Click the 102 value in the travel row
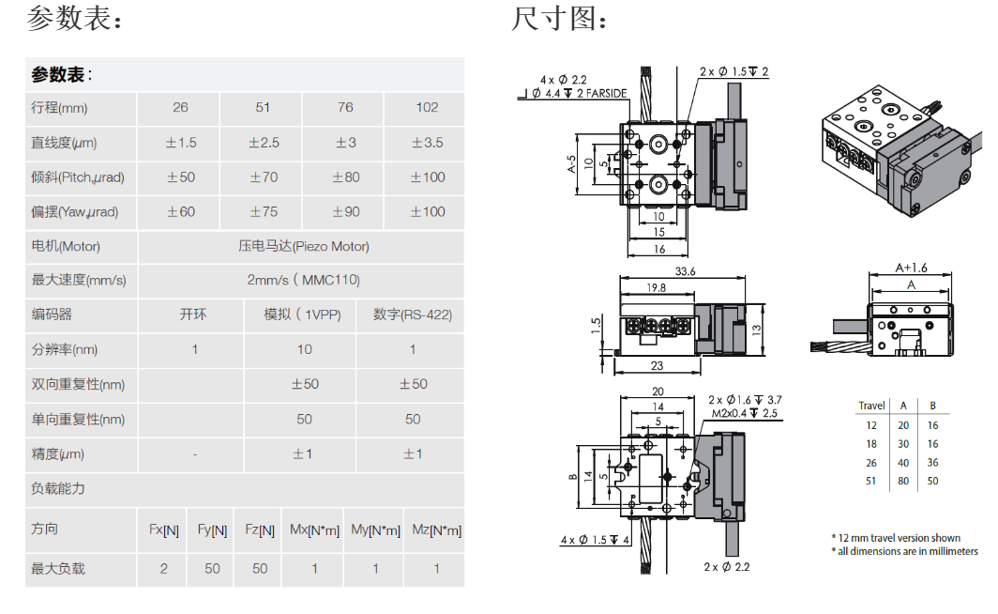(427, 108)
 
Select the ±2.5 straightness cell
(264, 143)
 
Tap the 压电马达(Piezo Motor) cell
(303, 246)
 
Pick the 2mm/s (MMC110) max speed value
(303, 280)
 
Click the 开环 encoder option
(193, 315)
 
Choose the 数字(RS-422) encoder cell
(412, 315)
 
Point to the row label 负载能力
(58, 488)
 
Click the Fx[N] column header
(164, 530)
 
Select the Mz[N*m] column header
(436, 530)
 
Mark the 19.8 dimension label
(656, 288)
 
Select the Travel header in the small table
(871, 406)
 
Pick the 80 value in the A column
(903, 481)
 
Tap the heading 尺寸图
(559, 19)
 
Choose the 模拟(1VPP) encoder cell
(301, 315)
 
